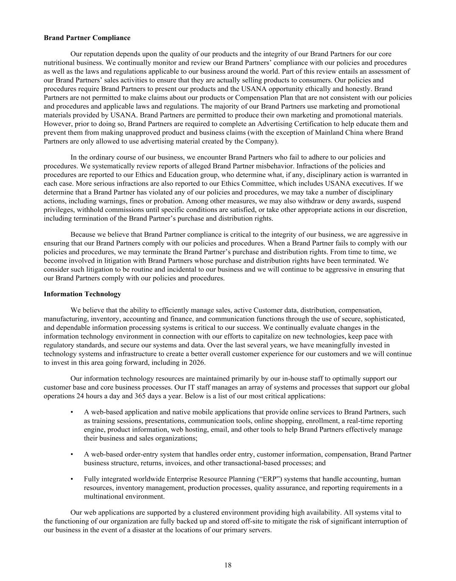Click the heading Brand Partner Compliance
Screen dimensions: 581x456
click(87, 38)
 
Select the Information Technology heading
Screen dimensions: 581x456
click(82, 294)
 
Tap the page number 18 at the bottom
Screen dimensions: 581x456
click(228, 565)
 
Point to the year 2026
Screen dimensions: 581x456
click(198, 363)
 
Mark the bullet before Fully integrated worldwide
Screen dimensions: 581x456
click(72, 479)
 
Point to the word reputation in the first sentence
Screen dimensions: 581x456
click(99, 54)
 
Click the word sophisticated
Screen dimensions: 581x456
click(385, 319)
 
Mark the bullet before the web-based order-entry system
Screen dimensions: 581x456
click(72, 454)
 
